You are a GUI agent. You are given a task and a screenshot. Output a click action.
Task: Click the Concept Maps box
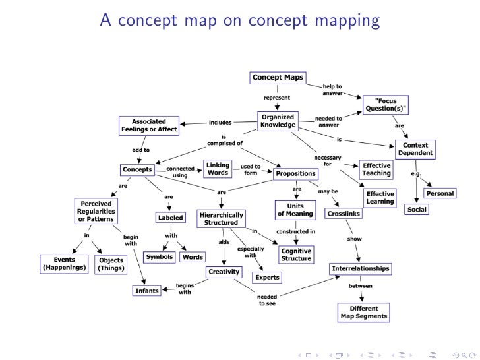tap(278, 78)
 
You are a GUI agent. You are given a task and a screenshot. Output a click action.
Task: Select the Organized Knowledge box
tap(278, 121)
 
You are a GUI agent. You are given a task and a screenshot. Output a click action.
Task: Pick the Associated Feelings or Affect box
tap(149, 125)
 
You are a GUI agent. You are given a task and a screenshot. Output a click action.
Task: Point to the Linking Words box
tap(218, 169)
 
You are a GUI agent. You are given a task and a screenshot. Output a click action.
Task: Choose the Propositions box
tap(296, 174)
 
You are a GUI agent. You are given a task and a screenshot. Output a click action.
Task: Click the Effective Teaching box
tap(376, 169)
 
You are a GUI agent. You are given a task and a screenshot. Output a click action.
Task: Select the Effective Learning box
tap(380, 198)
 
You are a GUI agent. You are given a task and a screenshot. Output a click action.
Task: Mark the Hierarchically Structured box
tap(221, 219)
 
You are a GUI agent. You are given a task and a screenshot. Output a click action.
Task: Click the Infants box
tap(148, 290)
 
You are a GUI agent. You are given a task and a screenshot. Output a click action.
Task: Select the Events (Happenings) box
tap(63, 264)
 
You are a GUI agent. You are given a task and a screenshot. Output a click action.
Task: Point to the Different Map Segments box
tap(364, 313)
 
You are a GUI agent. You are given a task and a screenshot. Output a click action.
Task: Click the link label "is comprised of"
tap(225, 139)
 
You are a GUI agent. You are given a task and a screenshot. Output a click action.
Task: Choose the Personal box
tap(440, 193)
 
